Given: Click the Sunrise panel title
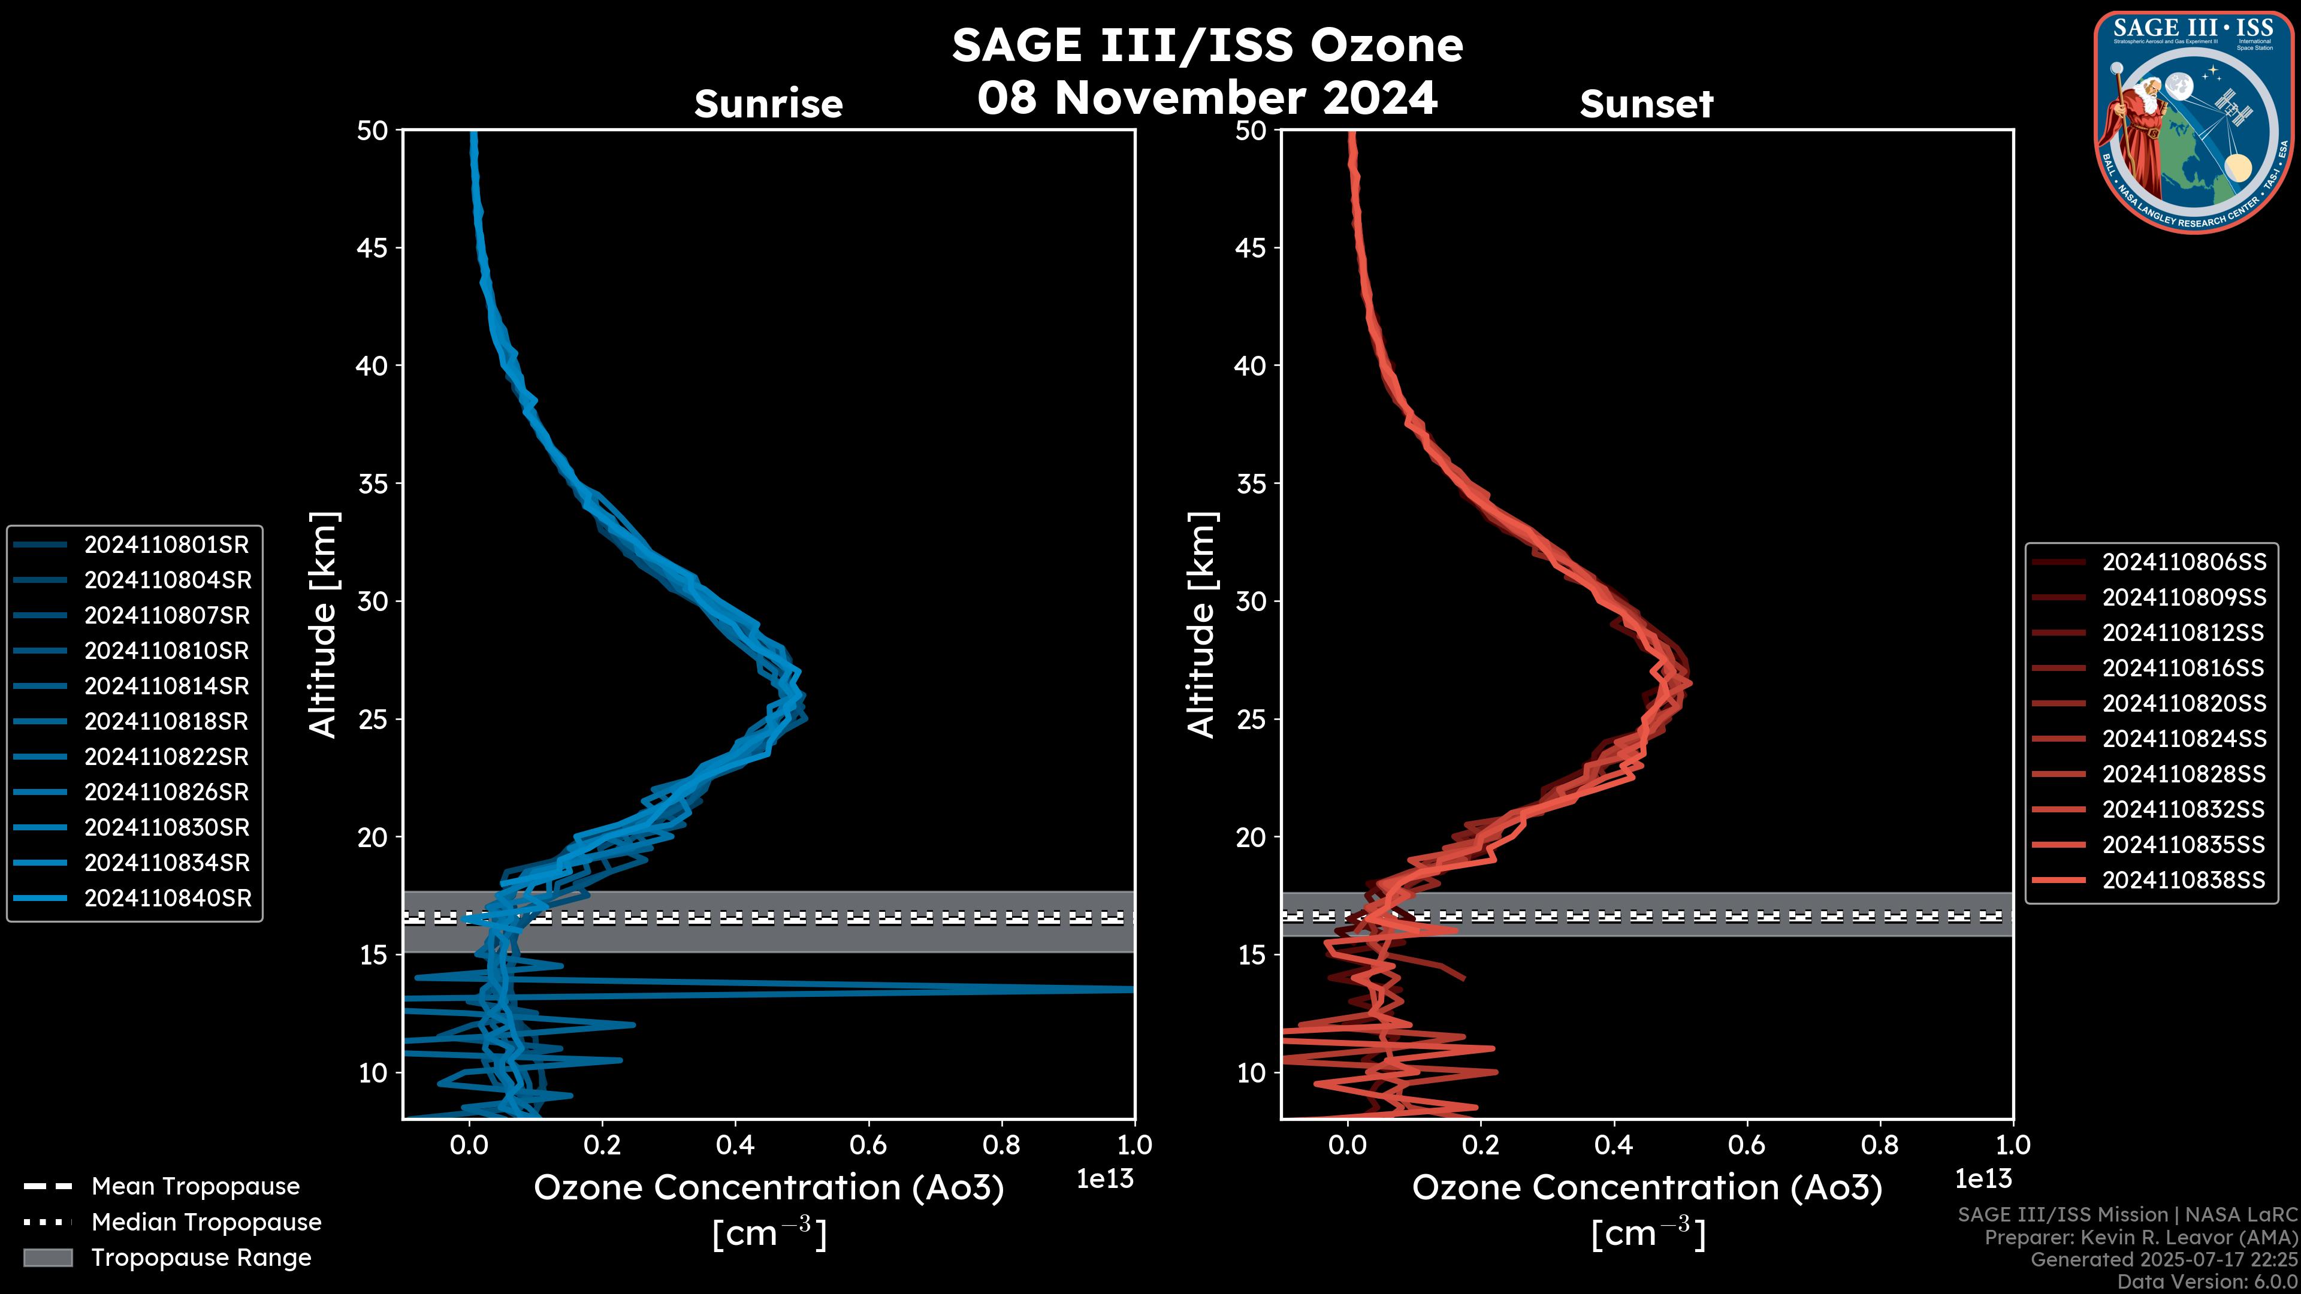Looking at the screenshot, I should point(768,104).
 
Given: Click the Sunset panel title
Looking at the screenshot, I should point(1646,104).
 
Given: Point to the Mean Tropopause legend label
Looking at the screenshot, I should point(195,1187).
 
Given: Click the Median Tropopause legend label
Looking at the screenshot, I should point(206,1223).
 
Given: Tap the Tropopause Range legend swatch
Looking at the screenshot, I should point(47,1257).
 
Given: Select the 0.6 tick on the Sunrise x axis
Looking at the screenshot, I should point(868,1145).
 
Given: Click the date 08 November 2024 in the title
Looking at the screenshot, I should point(1207,98).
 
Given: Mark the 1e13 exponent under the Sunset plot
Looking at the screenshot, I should point(1983,1179).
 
